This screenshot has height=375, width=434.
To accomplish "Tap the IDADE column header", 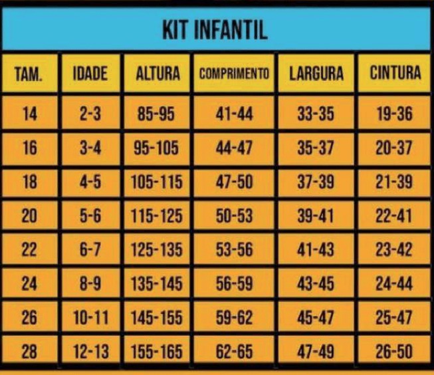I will (90, 74).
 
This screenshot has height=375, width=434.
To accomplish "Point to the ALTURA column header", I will (158, 74).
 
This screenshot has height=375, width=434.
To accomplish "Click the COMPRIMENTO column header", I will (234, 74).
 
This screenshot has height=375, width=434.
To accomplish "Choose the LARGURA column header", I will (316, 74).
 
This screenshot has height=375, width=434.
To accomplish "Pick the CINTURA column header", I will (395, 73).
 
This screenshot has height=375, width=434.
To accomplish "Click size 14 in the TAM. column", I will (29, 114).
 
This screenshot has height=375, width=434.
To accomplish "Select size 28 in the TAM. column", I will (29, 352).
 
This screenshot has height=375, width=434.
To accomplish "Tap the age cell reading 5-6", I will (90, 216).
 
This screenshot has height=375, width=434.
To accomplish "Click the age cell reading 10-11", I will (90, 318).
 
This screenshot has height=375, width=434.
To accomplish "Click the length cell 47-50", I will (235, 182).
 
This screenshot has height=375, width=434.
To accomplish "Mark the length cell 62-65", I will (235, 352).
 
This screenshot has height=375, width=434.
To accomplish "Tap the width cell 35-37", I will (316, 148).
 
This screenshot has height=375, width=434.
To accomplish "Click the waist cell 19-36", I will (395, 114).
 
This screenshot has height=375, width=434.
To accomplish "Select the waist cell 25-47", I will (395, 318).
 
